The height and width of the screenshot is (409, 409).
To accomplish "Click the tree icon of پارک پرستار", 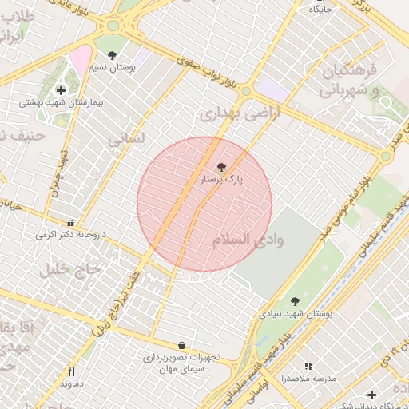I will (221, 167).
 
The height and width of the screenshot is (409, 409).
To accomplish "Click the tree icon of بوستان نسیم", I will (111, 55).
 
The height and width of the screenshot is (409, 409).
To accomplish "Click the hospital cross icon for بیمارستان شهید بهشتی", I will (61, 89).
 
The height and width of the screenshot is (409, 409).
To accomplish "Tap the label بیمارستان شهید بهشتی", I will (62, 103).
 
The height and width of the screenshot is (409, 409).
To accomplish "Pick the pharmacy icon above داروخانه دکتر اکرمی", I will (71, 223).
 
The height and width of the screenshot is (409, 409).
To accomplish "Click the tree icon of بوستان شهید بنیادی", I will (295, 301).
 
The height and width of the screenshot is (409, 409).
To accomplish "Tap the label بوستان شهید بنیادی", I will (295, 315).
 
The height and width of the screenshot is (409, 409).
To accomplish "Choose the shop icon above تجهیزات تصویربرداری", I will (182, 345).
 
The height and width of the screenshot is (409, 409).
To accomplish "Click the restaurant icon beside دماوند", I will (71, 371).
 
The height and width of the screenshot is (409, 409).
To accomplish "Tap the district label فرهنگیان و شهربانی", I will (350, 82).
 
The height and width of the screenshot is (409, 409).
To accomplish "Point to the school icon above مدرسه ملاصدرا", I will (308, 366).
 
